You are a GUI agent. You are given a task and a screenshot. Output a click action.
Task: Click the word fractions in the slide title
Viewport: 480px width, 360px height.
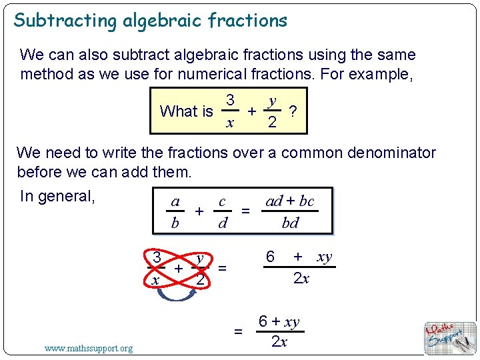pos(247,21)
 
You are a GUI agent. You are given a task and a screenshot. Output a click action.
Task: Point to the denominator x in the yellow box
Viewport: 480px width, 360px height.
pos(229,123)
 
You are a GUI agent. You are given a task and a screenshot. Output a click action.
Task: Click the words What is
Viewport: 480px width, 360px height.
pos(186,111)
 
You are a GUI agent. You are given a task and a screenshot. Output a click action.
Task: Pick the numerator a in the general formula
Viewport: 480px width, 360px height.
pos(175,201)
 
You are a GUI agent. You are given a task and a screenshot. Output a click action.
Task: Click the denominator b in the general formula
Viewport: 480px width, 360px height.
pos(175,223)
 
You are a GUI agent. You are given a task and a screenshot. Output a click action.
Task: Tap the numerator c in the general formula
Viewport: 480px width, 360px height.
pos(222,201)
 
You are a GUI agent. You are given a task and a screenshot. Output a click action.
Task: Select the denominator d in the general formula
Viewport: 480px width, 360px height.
pos(222,223)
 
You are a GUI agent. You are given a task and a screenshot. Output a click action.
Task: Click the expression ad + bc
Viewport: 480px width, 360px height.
pos(289,201)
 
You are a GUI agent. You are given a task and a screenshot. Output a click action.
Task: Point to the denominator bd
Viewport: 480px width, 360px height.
pos(290,223)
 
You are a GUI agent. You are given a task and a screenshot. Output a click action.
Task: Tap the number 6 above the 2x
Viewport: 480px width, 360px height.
pos(270,257)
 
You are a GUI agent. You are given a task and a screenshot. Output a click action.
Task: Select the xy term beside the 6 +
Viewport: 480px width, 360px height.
pos(324,257)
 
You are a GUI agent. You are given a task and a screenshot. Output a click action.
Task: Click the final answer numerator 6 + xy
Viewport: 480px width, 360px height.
pos(279,322)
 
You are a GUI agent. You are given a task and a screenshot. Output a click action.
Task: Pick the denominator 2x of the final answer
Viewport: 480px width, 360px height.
pos(279,342)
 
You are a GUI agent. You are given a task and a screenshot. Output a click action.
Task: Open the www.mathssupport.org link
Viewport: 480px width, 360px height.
pos(88,348)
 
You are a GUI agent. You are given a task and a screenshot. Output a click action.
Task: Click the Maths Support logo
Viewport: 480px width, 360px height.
pos(450,337)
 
